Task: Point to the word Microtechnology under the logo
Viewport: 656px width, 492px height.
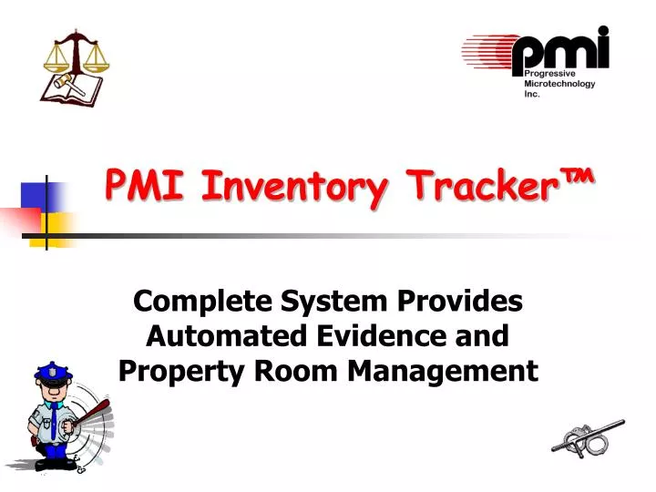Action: [x=559, y=84]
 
